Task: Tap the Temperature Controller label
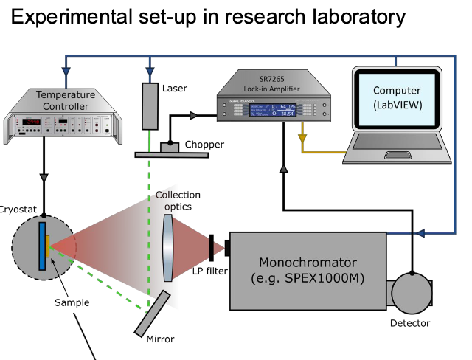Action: click(66, 100)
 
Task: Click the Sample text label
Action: click(72, 302)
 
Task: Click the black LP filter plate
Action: click(212, 247)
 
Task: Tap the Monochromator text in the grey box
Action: click(308, 263)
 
